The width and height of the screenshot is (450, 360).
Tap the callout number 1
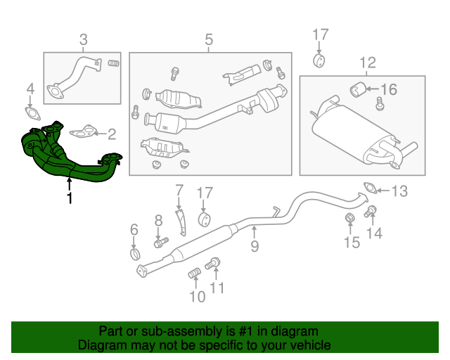[68, 200]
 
